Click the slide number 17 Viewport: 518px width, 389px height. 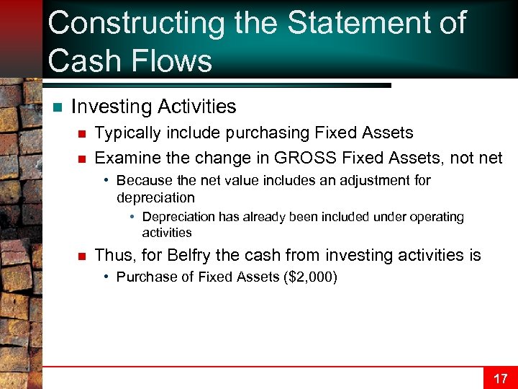coord(500,378)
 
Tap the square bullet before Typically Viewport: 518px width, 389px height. coord(83,133)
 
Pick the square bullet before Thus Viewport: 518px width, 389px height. coord(83,256)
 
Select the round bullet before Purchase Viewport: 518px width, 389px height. coord(106,277)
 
